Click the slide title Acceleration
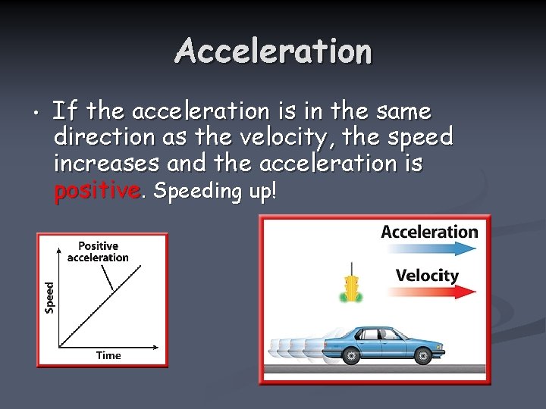pos(273,52)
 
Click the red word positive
pos(96,191)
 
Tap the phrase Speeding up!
pos(215,191)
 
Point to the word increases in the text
pos(106,164)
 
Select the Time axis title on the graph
pos(108,355)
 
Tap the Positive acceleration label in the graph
pos(98,251)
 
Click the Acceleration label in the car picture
pos(429,232)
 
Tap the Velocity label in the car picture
pos(427,275)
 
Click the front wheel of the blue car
pos(420,354)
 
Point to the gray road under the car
pos(375,369)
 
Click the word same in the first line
pos(402,112)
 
